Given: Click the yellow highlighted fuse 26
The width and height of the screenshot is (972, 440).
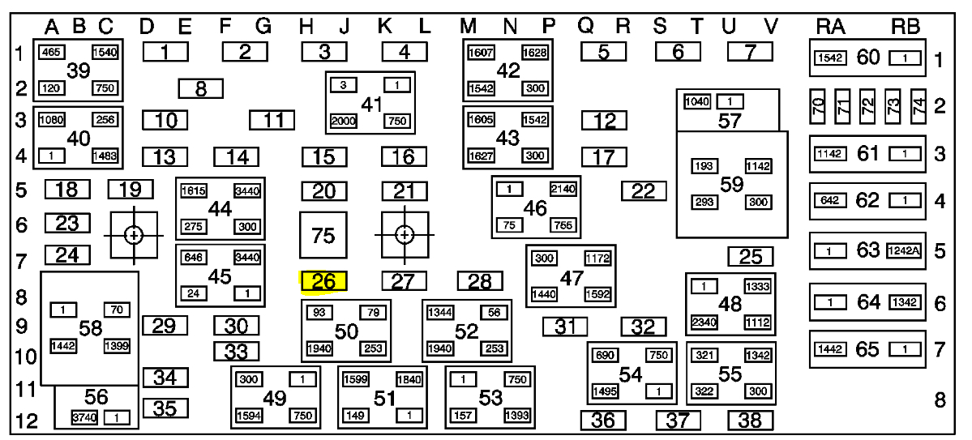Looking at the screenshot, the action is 323,282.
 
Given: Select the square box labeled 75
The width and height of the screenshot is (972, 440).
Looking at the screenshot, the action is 323,236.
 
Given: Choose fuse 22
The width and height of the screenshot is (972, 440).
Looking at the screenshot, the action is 644,191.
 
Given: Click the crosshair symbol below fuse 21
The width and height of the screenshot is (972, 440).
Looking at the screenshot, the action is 403,235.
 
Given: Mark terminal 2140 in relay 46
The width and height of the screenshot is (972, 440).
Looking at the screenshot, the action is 563,189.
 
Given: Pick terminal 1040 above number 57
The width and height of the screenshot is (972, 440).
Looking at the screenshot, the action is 696,102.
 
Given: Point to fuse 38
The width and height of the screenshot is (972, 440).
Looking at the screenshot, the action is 750,421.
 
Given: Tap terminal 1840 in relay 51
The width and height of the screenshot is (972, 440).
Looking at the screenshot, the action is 408,379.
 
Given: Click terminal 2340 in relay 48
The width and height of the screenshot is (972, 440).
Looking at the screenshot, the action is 703,323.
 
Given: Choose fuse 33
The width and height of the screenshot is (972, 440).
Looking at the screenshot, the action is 236,352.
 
